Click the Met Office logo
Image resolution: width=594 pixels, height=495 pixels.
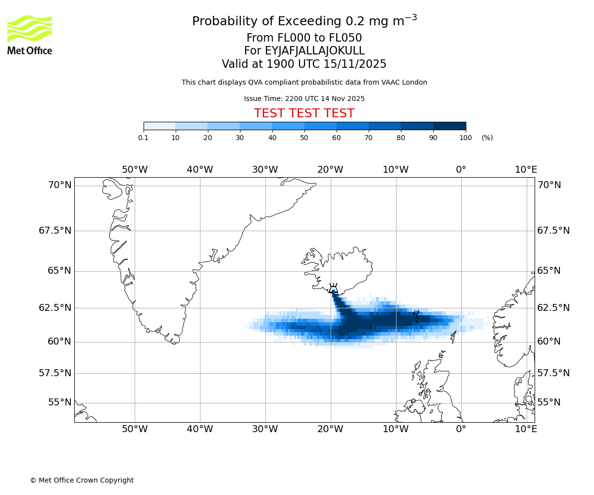30,35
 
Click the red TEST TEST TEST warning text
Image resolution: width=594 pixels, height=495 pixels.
304,113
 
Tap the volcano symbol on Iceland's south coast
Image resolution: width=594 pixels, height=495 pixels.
333,288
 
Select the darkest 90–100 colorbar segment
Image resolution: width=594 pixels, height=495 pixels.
449,126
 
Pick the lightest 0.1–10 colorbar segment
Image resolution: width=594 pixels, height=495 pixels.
159,126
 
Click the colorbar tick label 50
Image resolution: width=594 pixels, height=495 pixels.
304,138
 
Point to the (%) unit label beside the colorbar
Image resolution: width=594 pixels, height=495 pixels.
487,138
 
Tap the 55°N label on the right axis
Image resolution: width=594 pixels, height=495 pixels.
549,402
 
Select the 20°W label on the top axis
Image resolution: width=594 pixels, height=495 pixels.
330,170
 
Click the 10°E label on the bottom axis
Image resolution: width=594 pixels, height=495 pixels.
526,429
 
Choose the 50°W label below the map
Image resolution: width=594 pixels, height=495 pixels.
135,429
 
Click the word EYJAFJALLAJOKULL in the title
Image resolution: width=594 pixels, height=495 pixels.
315,51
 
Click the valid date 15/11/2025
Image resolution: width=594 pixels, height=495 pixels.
355,64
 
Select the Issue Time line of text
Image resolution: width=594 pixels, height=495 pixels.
304,99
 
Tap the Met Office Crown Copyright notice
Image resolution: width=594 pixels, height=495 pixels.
82,480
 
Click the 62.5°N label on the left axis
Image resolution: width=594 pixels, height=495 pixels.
55,307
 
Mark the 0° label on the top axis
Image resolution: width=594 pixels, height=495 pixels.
461,170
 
